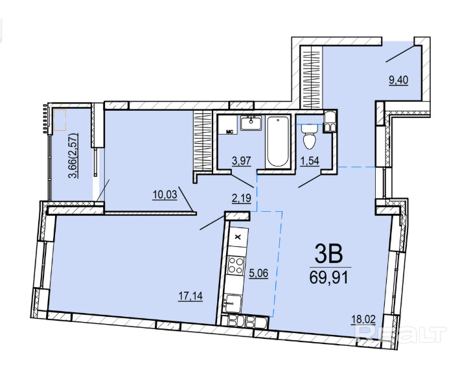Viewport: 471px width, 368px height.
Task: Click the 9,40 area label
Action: tap(398, 80)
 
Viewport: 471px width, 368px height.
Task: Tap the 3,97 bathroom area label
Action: tap(242, 161)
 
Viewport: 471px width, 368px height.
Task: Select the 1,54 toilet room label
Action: tap(310, 161)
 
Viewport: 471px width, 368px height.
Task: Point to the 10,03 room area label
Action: tap(165, 195)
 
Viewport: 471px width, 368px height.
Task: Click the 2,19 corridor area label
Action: tap(242, 198)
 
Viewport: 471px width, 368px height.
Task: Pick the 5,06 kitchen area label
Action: tap(258, 273)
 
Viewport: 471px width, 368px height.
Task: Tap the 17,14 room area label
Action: tap(190, 296)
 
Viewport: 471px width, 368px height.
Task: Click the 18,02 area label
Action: tap(363, 319)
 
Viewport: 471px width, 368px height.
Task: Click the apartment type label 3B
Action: tap(328, 253)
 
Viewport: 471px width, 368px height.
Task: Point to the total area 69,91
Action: tap(329, 277)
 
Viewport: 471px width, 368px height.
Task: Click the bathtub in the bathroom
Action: tap(278, 141)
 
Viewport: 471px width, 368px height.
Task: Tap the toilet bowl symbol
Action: tap(310, 137)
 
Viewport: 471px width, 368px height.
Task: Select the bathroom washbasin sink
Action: tap(251, 123)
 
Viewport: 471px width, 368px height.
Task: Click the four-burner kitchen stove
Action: tap(236, 265)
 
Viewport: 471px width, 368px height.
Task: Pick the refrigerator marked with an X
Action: tap(238, 237)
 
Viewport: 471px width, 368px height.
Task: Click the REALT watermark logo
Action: tap(401, 334)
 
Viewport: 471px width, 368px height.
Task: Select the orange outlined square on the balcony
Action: tap(60, 120)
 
